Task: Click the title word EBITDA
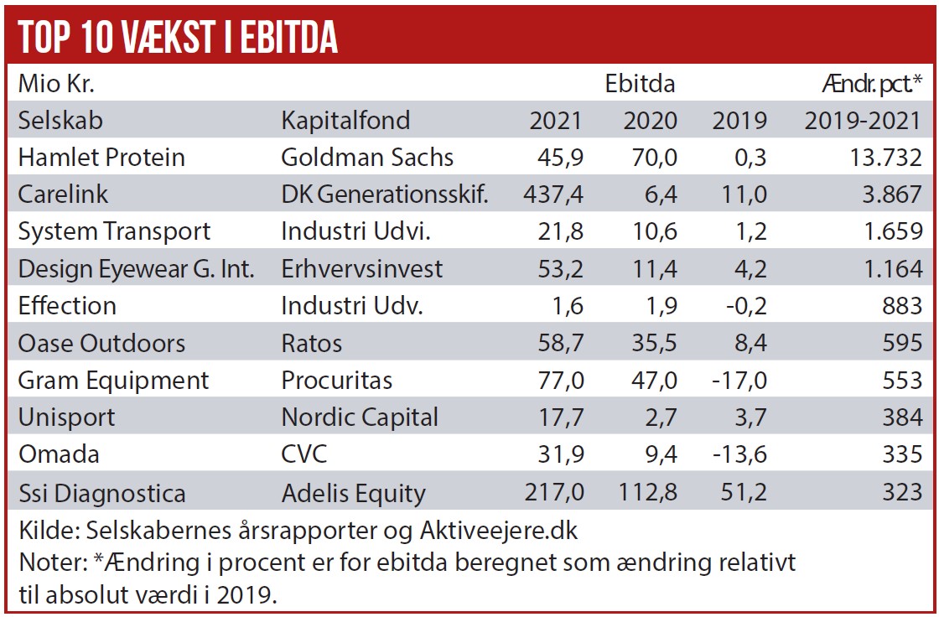(x=289, y=37)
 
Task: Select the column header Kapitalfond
(x=345, y=121)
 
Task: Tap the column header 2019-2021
(x=863, y=121)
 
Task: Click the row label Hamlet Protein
(x=101, y=158)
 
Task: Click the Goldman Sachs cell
(x=367, y=158)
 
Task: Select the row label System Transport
(x=114, y=231)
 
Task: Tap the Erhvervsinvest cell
(x=362, y=269)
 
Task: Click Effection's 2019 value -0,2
(x=744, y=306)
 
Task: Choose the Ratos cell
(x=312, y=343)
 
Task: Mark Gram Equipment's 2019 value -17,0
(x=739, y=381)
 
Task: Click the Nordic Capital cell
(x=360, y=417)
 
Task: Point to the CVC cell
(x=304, y=454)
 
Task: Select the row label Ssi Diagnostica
(x=102, y=492)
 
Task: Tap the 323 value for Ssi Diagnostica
(x=902, y=492)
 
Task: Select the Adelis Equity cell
(x=353, y=492)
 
